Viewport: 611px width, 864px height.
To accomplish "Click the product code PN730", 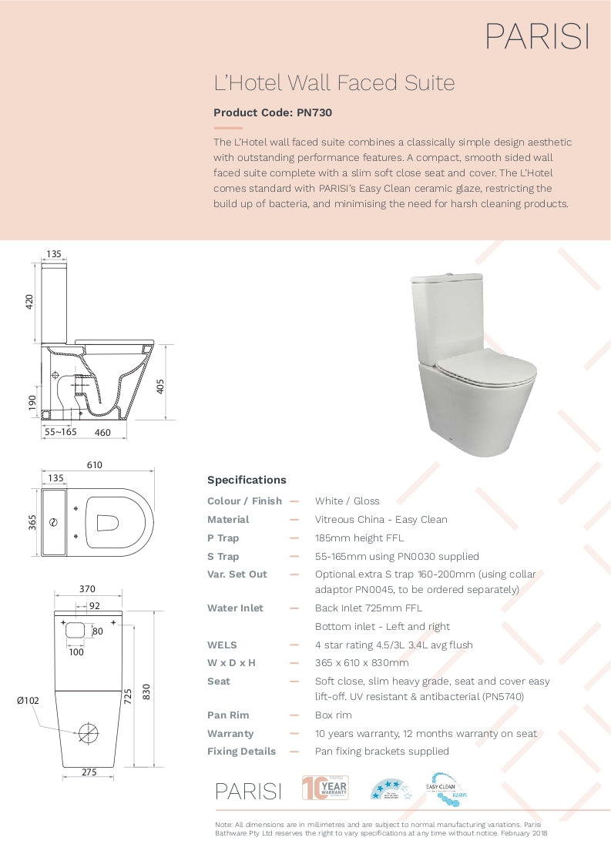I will (273, 112).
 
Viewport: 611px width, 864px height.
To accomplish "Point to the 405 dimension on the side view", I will (160, 385).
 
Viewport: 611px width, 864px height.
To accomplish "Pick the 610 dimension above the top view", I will (95, 465).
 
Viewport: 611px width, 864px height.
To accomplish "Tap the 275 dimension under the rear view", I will (89, 772).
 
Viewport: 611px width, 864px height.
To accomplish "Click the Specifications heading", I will (247, 480).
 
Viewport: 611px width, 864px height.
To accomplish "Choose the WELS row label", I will (222, 645).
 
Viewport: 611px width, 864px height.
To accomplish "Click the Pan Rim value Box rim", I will (334, 715).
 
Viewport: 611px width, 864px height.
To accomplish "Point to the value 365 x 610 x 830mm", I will (362, 663).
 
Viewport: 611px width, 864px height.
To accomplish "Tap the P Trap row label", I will (223, 538).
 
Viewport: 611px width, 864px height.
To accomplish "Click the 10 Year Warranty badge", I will (325, 788).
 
